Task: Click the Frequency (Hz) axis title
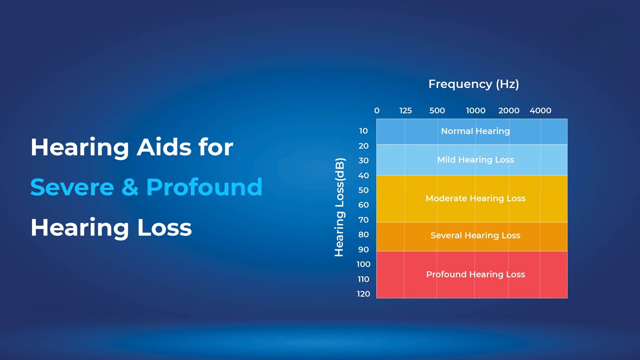pyautogui.click(x=474, y=84)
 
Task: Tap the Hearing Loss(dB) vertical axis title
pyautogui.click(x=340, y=207)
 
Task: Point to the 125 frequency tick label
pyautogui.click(x=406, y=111)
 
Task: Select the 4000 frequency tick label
pyautogui.click(x=540, y=111)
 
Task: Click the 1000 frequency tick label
pyautogui.click(x=476, y=111)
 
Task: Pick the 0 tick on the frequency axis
pyautogui.click(x=377, y=111)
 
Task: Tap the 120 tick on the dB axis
pyautogui.click(x=363, y=294)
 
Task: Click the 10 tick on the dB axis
pyautogui.click(x=363, y=131)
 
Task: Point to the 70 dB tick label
pyautogui.click(x=363, y=220)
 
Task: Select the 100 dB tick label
pyautogui.click(x=363, y=264)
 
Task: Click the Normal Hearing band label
pyautogui.click(x=475, y=131)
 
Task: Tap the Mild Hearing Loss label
pyautogui.click(x=475, y=160)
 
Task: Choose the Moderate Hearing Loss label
pyautogui.click(x=475, y=198)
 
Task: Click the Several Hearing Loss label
pyautogui.click(x=475, y=235)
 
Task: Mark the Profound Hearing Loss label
pyautogui.click(x=475, y=274)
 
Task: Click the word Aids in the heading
pyautogui.click(x=164, y=147)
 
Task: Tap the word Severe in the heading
pyautogui.click(x=72, y=187)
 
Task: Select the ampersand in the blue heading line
pyautogui.click(x=130, y=187)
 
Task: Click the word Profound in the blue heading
pyautogui.click(x=204, y=187)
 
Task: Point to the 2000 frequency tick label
pyautogui.click(x=509, y=111)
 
